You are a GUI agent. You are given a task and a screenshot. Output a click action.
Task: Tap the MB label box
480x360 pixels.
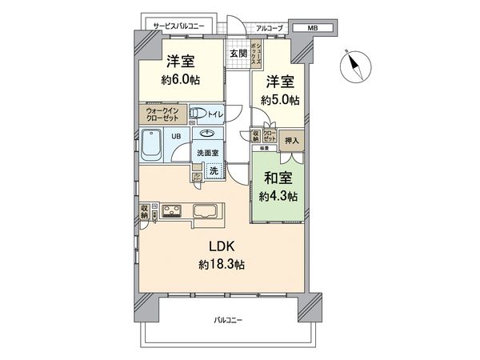(312, 28)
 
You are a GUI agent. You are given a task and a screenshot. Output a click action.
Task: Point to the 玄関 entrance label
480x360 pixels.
(238, 54)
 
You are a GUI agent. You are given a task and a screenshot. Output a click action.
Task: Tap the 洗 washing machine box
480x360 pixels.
(214, 170)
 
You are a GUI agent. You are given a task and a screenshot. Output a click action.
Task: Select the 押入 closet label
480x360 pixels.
(291, 141)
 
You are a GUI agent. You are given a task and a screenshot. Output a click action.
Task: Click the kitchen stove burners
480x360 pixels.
(172, 212)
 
